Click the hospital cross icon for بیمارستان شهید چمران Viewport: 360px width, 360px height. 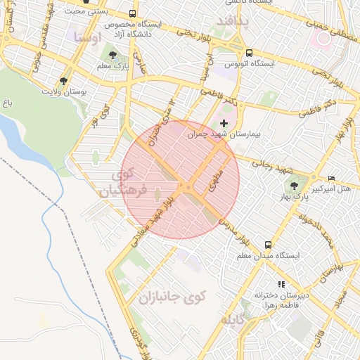(224, 123)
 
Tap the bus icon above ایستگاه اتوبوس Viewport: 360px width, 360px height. (250, 53)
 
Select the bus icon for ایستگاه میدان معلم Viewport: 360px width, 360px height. (267, 245)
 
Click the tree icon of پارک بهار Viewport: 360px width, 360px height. (293, 186)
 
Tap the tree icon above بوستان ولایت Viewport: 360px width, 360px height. (64, 82)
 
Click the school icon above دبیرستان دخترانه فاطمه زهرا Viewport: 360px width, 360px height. (281, 285)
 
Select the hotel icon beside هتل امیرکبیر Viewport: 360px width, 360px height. (332, 178)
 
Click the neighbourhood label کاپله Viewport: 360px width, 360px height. (235, 321)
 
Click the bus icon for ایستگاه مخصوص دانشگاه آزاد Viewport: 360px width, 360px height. (133, 14)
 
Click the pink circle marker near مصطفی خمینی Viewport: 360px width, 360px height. (323, 39)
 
